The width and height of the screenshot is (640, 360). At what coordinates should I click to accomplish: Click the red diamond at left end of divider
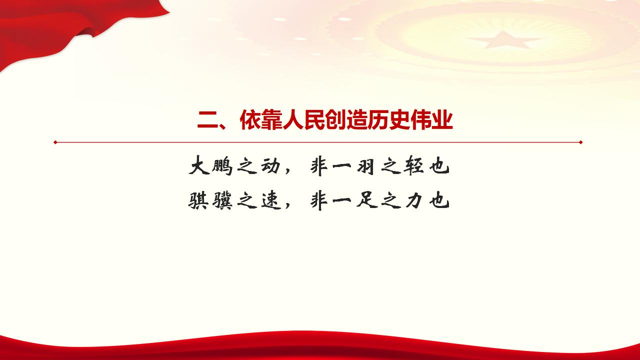55,142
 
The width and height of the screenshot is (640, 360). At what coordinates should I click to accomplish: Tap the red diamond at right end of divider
580,142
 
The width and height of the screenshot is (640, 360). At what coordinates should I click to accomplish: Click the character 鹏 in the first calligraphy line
222,167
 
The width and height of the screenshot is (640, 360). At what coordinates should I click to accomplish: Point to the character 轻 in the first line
411,167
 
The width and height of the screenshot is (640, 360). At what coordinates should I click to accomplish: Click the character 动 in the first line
270,167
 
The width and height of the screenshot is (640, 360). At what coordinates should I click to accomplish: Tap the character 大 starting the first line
198,167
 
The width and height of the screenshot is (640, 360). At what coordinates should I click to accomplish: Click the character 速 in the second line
270,201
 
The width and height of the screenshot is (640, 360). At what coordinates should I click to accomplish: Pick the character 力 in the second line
412,201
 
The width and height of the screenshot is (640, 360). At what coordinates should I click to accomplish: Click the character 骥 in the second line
222,201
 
